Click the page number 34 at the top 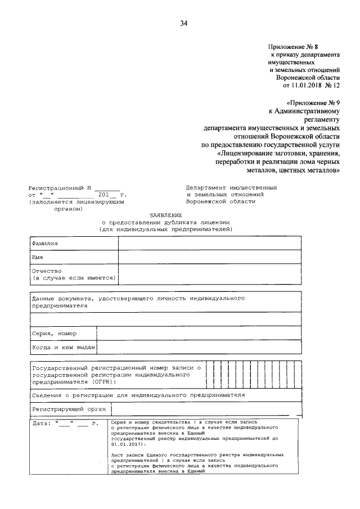click(x=183, y=23)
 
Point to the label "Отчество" click(x=47, y=271)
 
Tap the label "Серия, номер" click(x=54, y=334)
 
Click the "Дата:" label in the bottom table click(x=42, y=422)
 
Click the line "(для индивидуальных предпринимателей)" click(x=165, y=229)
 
